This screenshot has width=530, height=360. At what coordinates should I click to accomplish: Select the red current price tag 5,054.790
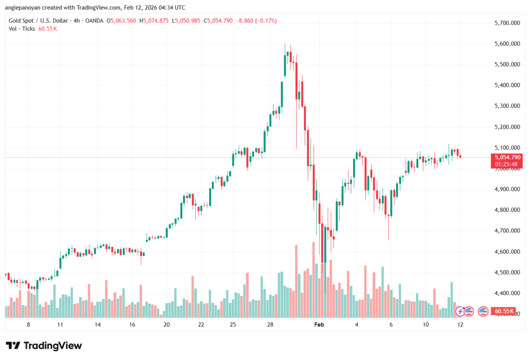click(x=507, y=157)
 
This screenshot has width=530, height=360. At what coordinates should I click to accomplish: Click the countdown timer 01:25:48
click(x=507, y=164)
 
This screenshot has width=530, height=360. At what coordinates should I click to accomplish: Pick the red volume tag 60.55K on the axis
click(x=504, y=311)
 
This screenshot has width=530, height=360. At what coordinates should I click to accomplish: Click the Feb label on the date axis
click(x=319, y=324)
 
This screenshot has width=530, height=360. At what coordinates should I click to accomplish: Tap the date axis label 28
click(x=270, y=324)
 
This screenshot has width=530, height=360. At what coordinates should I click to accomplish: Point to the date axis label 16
click(x=131, y=324)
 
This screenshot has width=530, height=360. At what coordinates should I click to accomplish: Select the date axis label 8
click(x=28, y=324)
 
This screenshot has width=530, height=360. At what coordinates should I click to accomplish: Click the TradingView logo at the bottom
click(x=43, y=346)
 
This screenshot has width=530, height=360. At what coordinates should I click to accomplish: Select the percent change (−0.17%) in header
click(x=266, y=21)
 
